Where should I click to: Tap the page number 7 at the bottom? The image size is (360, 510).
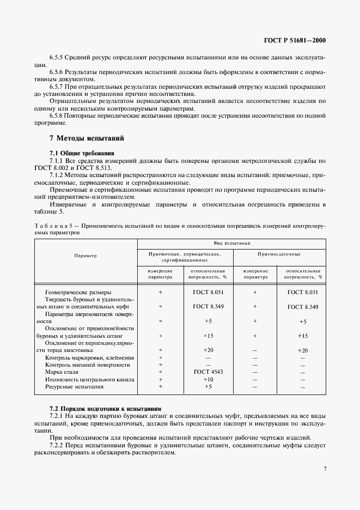(324, 467)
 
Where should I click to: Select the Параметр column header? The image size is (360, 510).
(86, 255)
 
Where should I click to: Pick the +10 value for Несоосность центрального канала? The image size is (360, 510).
(208, 379)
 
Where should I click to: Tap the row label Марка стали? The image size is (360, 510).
(62, 372)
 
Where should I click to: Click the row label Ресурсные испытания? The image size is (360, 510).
(75, 386)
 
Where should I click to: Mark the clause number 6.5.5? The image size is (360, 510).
(57, 57)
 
